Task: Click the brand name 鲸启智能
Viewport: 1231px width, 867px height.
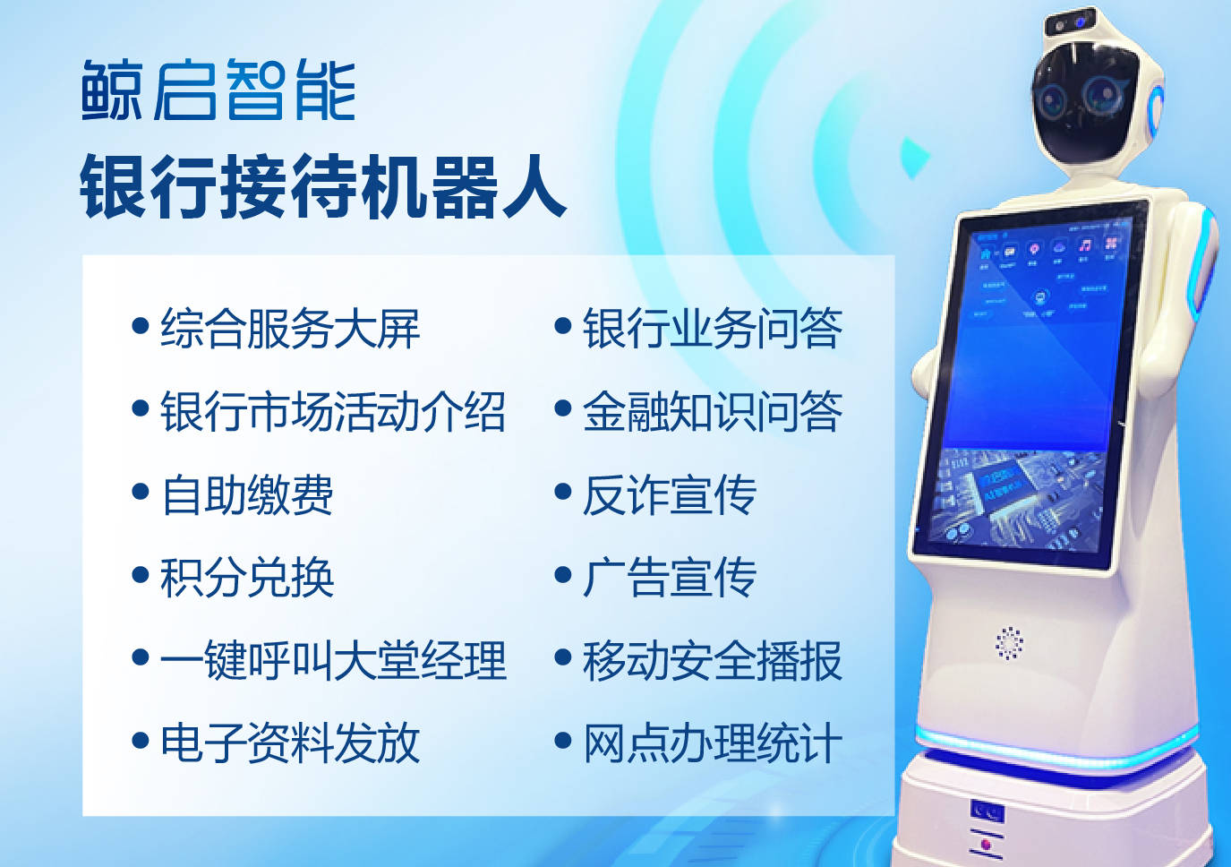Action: [x=218, y=90]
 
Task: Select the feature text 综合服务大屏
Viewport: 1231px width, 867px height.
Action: [x=290, y=328]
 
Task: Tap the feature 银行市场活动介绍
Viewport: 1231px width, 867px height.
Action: [x=333, y=411]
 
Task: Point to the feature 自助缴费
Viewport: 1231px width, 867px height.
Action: [x=247, y=494]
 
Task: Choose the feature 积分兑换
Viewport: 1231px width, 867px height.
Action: [x=247, y=577]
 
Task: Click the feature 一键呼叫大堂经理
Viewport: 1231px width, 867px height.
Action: [x=333, y=660]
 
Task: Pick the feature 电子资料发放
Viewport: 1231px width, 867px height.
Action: [x=290, y=743]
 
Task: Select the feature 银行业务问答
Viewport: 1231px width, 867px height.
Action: [x=713, y=328]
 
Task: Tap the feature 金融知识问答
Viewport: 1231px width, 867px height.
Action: [x=713, y=411]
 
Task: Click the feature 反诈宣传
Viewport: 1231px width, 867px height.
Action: [x=670, y=494]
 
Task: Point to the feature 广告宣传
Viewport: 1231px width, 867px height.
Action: [x=670, y=577]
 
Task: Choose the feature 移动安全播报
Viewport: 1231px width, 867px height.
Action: [x=713, y=660]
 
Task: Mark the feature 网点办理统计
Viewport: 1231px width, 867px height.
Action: [x=713, y=743]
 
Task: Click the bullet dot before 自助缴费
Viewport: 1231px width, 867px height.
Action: [x=141, y=492]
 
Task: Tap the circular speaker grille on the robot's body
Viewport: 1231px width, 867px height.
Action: [x=1010, y=643]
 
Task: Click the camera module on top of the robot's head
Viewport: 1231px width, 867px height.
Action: [x=1070, y=22]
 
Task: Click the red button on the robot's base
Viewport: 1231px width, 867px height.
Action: [x=986, y=844]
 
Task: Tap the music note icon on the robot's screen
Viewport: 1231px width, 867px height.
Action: [x=1084, y=245]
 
